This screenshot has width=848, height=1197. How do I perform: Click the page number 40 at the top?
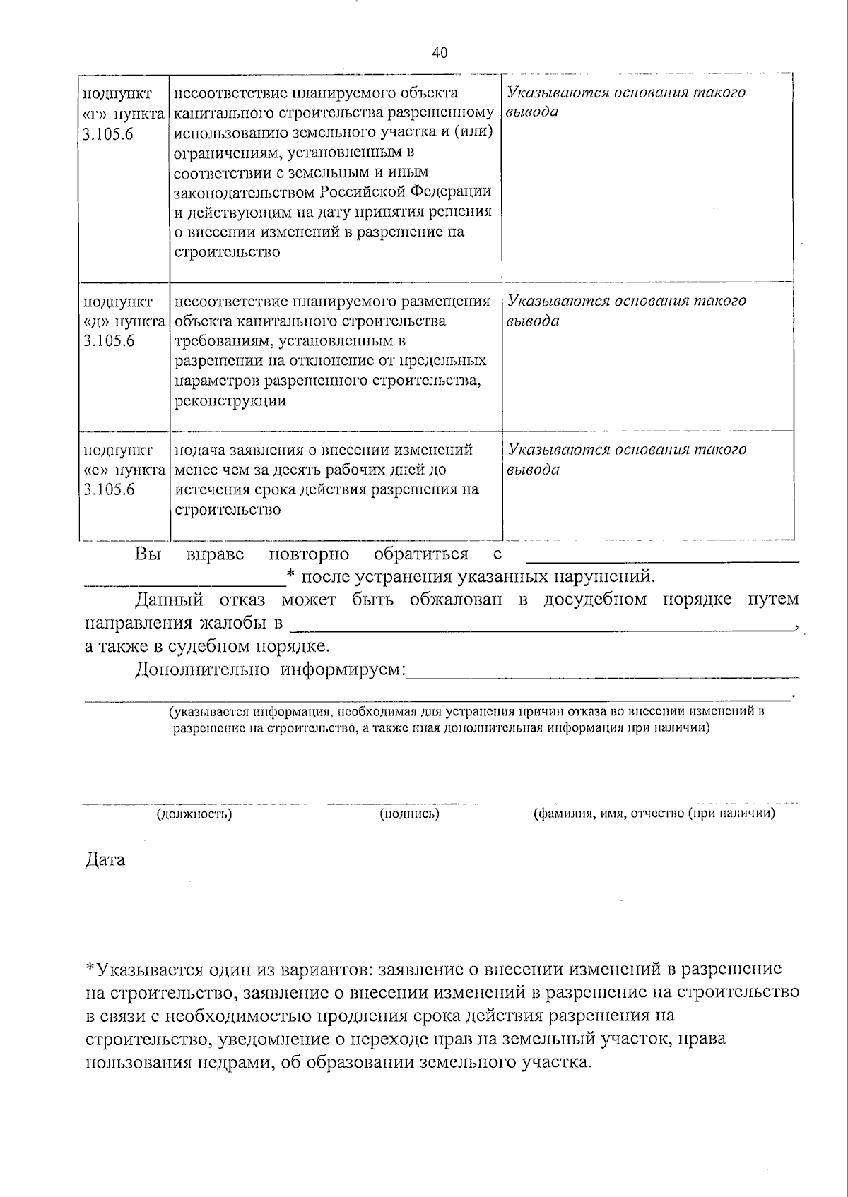point(439,53)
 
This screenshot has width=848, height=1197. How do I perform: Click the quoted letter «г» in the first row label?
point(93,113)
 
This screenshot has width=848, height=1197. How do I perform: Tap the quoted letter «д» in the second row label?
point(93,321)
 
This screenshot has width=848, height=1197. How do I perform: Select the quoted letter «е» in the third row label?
point(93,470)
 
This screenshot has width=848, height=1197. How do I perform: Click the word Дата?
point(105,859)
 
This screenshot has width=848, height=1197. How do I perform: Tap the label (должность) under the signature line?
point(194,814)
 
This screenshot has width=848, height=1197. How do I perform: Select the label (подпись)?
point(409,814)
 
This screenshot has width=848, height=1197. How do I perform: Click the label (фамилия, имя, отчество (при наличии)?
point(654,814)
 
